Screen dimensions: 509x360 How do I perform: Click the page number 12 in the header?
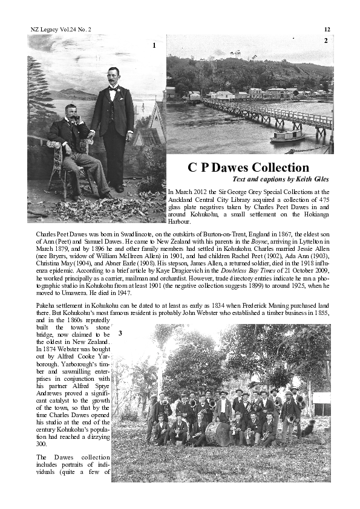327,29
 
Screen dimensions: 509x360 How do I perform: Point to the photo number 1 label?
154,45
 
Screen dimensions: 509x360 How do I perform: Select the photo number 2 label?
326,41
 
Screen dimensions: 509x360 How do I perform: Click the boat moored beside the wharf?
287,137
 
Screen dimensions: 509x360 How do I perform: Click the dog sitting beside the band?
308,429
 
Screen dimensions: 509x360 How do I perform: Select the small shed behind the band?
321,403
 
